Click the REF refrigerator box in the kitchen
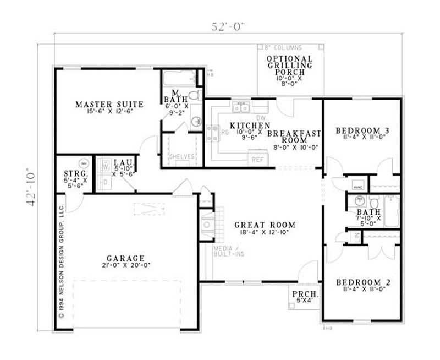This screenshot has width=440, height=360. (257, 160)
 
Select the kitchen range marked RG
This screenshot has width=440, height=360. (211, 132)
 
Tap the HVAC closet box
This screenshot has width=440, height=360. (357, 186)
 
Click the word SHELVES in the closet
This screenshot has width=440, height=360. (182, 157)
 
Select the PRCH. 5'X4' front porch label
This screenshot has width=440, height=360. (302, 297)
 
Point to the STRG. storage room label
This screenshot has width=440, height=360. (73, 179)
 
